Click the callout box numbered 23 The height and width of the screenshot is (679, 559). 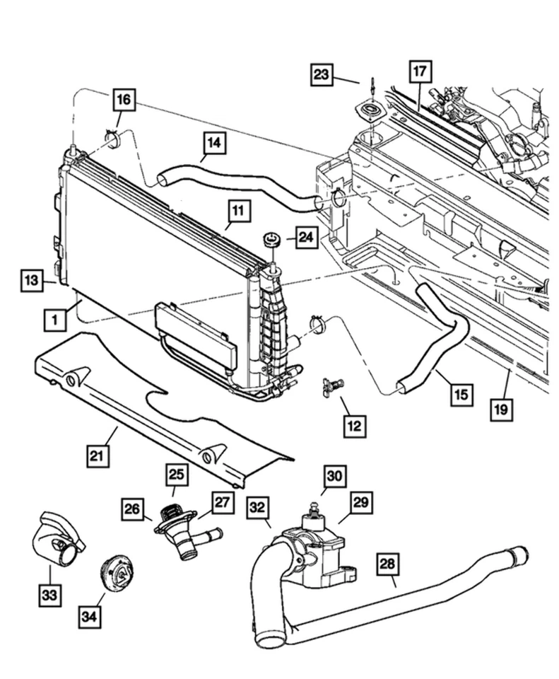click(322, 74)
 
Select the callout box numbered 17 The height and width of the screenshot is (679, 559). click(420, 71)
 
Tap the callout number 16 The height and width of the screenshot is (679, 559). click(123, 100)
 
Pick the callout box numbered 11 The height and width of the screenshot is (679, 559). click(238, 210)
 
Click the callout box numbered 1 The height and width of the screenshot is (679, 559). click(54, 320)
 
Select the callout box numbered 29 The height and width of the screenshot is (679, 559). click(360, 504)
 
